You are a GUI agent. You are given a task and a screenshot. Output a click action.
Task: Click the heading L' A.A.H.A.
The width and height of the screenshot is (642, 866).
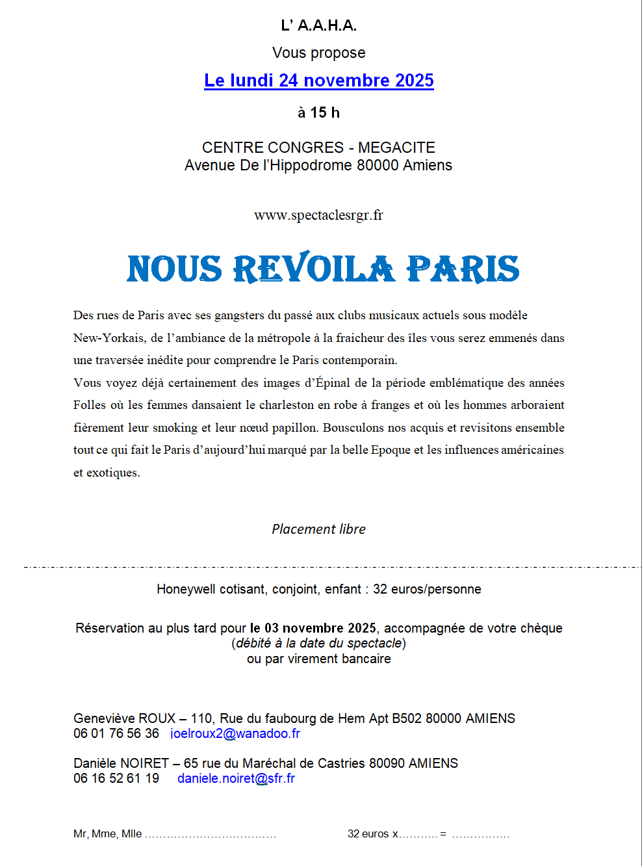click(318, 25)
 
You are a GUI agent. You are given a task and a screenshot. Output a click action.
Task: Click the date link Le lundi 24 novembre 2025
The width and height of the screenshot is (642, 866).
click(318, 81)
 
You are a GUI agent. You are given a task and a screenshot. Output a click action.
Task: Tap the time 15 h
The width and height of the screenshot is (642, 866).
click(325, 112)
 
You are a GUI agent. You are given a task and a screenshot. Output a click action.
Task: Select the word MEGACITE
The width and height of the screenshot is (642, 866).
click(396, 148)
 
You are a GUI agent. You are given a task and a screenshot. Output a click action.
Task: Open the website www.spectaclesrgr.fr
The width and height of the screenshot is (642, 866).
click(318, 215)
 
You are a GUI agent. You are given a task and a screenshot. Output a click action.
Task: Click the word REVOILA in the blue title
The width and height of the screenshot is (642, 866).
click(313, 269)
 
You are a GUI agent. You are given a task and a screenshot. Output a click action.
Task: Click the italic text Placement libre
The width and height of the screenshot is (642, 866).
click(318, 529)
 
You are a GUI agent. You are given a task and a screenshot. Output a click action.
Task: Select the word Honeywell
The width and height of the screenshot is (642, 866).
click(186, 589)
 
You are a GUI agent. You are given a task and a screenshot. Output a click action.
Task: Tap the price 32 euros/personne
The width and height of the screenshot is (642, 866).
click(427, 589)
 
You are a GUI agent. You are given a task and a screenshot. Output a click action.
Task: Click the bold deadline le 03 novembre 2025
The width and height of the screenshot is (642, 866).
click(313, 628)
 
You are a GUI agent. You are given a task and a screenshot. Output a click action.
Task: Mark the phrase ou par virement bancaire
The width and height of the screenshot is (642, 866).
click(318, 659)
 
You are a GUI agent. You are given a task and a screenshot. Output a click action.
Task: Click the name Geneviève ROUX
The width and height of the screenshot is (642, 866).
click(124, 718)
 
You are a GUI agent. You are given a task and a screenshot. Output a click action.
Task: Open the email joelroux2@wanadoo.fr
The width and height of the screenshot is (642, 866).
click(235, 733)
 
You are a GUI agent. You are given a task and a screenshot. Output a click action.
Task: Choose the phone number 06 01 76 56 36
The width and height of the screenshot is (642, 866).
click(116, 733)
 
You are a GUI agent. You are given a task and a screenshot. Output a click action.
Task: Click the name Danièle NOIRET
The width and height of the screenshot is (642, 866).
click(121, 763)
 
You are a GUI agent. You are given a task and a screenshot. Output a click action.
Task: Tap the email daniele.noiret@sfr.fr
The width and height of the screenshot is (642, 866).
click(236, 778)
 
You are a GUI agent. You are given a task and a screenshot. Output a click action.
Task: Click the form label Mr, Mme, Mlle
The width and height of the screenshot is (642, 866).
click(107, 833)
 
